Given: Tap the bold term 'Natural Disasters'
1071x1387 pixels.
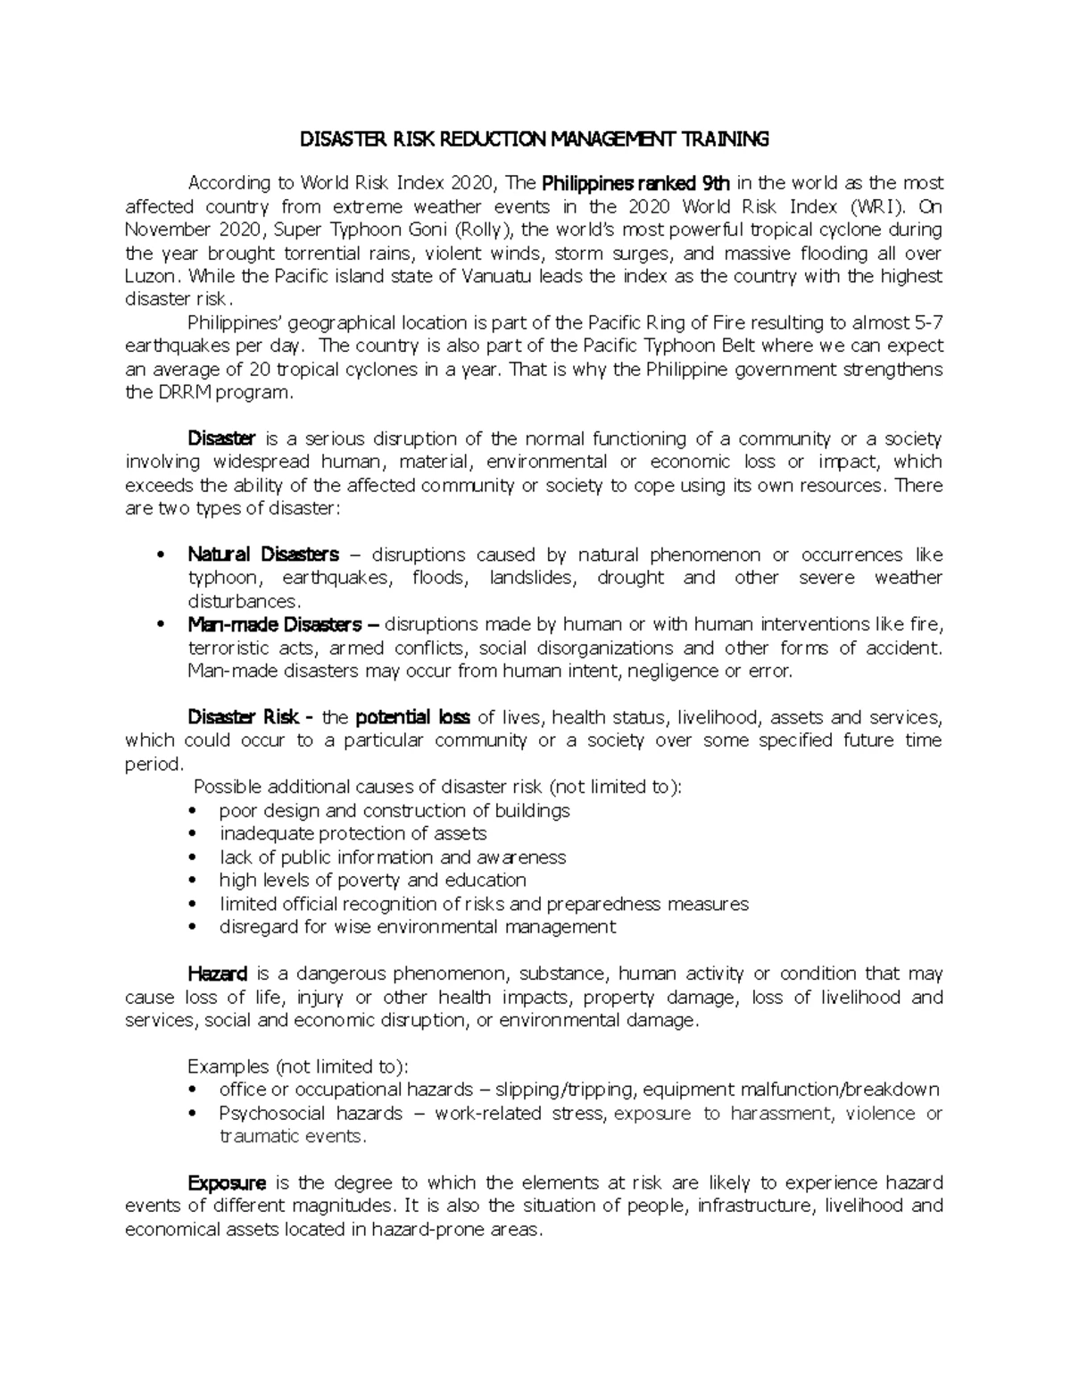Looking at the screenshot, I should (263, 555).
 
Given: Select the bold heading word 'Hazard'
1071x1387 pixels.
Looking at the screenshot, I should (218, 973).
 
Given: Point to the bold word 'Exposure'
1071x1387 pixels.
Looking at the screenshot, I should (227, 1183).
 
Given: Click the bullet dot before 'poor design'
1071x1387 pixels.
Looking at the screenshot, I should (195, 811).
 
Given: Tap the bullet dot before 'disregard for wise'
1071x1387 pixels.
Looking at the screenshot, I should (195, 927).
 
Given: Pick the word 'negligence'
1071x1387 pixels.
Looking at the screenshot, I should (677, 671).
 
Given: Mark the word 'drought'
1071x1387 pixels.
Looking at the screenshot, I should (630, 578).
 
